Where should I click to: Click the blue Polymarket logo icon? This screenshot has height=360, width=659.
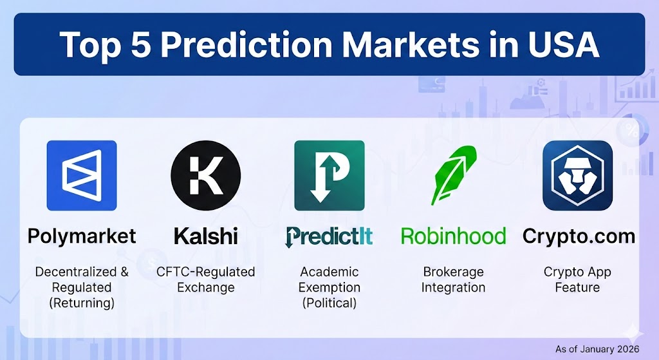pyautogui.click(x=82, y=175)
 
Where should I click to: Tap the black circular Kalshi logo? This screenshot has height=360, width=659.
pyautogui.click(x=205, y=175)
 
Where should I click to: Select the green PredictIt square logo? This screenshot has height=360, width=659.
pyautogui.click(x=329, y=175)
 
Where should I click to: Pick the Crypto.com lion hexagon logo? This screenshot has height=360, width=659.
pyautogui.click(x=577, y=175)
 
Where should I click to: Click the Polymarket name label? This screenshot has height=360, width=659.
pyautogui.click(x=82, y=237)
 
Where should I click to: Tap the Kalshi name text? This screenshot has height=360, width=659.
pyautogui.click(x=205, y=236)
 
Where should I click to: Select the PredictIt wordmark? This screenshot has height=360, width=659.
pyautogui.click(x=329, y=237)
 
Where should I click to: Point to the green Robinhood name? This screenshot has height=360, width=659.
pyautogui.click(x=453, y=236)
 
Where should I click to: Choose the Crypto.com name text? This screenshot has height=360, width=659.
pyautogui.click(x=579, y=237)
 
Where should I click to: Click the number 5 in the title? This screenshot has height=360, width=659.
pyautogui.click(x=140, y=44)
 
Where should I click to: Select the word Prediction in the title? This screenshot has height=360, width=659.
pyautogui.click(x=246, y=44)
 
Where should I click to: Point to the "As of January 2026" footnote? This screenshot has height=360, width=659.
pyautogui.click(x=597, y=349)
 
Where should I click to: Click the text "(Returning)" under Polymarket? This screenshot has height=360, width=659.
pyautogui.click(x=82, y=303)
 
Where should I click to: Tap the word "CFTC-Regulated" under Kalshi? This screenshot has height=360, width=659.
pyautogui.click(x=205, y=272)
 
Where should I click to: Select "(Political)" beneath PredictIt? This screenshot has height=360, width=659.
pyautogui.click(x=329, y=303)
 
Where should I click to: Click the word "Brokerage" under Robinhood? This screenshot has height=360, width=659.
pyautogui.click(x=453, y=272)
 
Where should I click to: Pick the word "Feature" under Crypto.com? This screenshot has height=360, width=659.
pyautogui.click(x=577, y=287)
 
